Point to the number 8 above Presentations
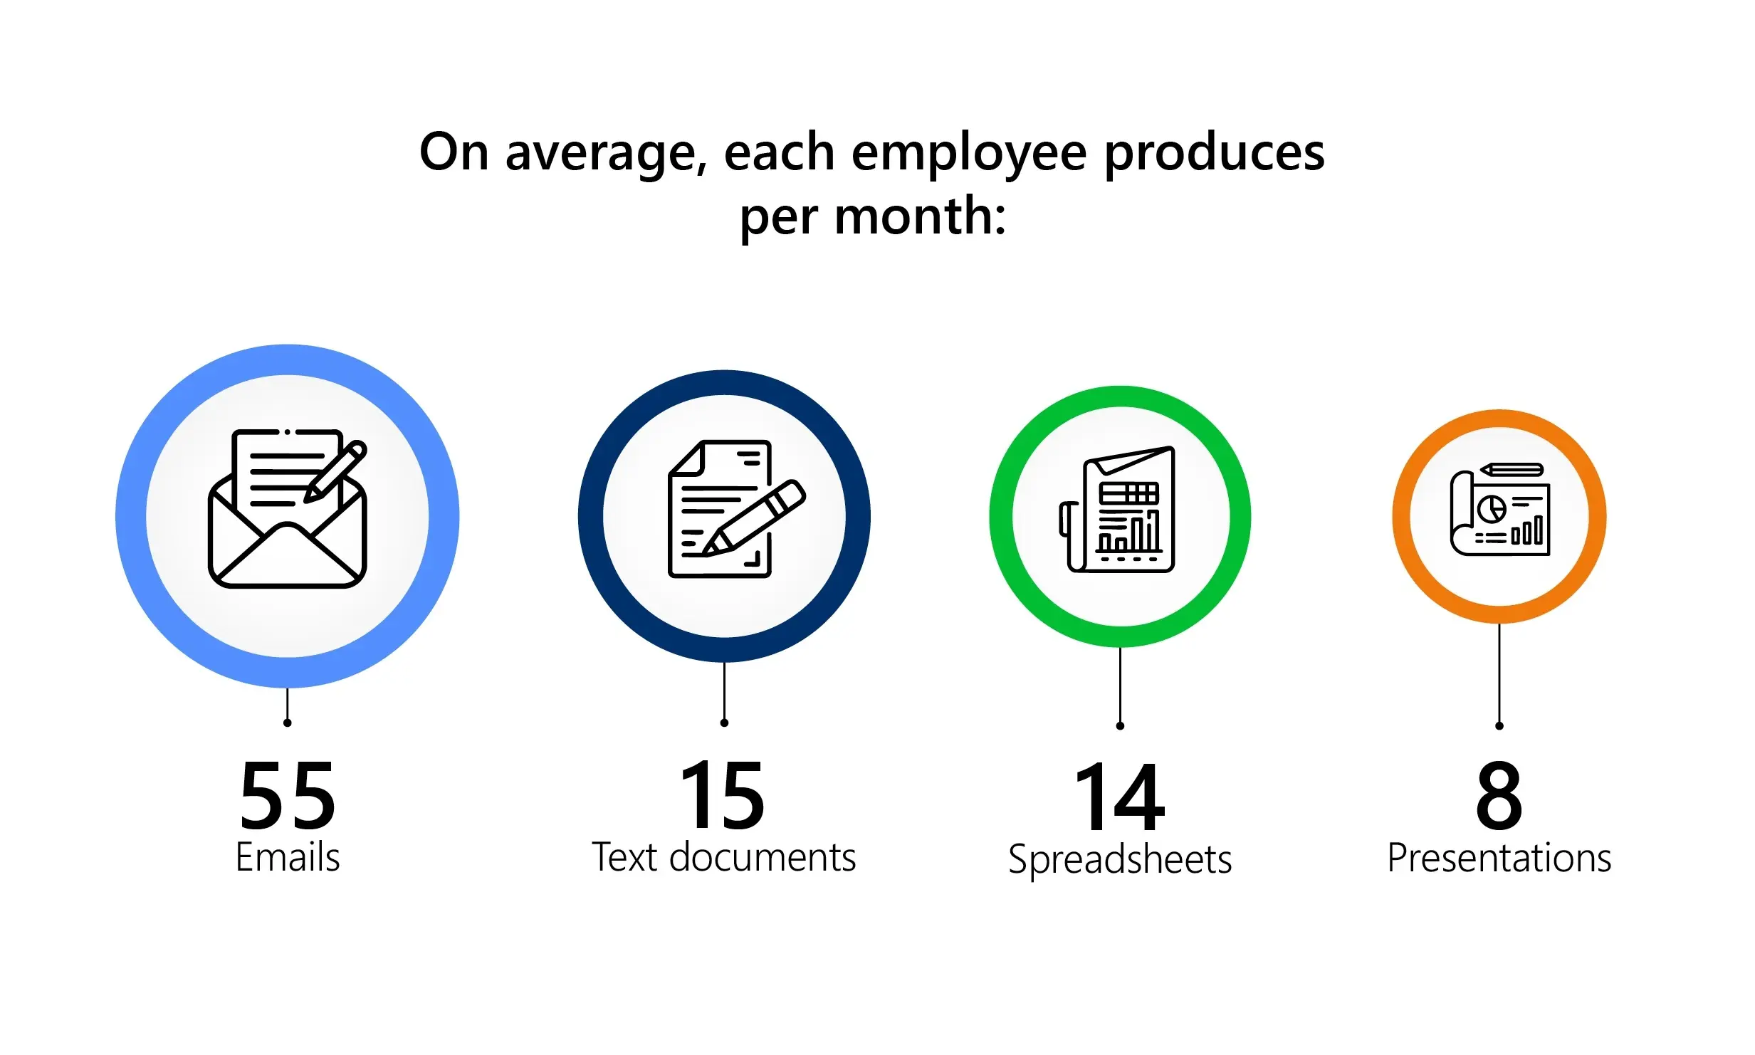1499,795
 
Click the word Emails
288,856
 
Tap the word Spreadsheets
1120,860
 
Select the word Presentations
1499,858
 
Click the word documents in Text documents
763,856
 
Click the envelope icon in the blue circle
288,508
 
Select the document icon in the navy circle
737,508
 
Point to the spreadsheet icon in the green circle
1117,509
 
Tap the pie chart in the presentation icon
1492,508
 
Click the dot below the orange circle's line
1499,726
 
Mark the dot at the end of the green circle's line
1120,726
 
